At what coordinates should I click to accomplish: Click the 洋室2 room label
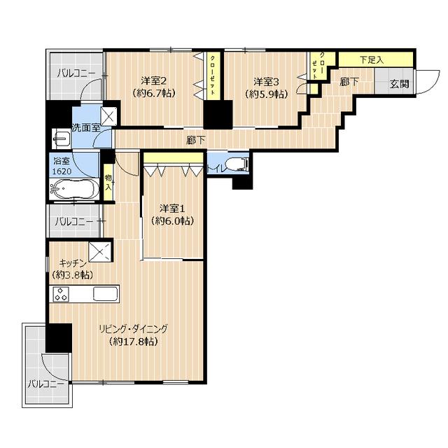tap(154, 81)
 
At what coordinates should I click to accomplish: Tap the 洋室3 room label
tap(266, 82)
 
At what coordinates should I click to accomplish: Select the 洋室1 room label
tap(172, 209)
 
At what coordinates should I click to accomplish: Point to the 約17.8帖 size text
tap(134, 342)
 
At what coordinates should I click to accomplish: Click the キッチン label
tap(73, 262)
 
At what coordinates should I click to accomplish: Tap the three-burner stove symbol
tap(61, 294)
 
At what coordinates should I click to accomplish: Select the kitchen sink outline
tap(106, 294)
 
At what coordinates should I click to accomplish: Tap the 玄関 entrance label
tap(400, 84)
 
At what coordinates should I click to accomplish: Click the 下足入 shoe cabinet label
tap(372, 60)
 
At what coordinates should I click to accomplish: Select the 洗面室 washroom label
tap(86, 127)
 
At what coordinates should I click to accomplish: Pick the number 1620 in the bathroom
tap(62, 171)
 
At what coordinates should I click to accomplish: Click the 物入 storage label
tap(108, 183)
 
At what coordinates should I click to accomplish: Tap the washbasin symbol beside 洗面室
tap(61, 139)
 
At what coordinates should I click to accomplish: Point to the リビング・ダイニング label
tap(133, 329)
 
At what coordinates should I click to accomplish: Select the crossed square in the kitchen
tap(99, 252)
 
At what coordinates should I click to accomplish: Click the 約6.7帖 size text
tap(154, 93)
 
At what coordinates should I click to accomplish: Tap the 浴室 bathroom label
tap(62, 161)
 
